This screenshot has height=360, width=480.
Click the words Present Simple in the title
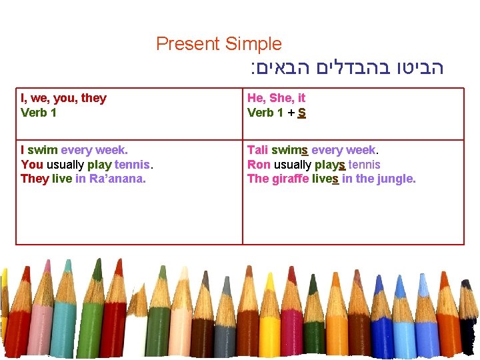219,45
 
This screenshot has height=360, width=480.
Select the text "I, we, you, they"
63,98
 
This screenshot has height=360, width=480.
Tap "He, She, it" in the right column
276,98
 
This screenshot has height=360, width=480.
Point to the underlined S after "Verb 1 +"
302,113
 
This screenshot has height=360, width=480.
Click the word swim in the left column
43,150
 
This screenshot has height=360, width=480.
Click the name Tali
257,150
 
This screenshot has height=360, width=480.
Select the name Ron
259,165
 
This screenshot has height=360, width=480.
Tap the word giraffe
290,179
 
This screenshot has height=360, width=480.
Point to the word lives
325,179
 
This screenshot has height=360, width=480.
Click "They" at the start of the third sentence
35,179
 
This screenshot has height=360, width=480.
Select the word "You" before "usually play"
32,165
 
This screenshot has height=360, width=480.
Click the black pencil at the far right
468,327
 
